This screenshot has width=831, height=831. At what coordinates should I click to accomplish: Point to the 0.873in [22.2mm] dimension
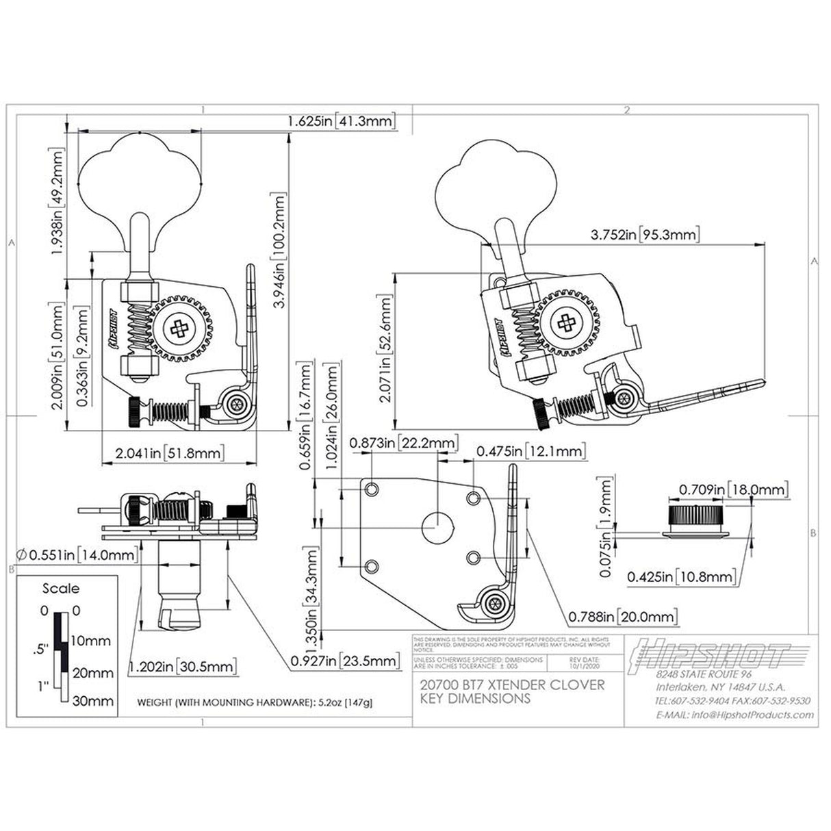coord(402,444)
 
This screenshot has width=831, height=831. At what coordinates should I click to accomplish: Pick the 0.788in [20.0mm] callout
coord(622,617)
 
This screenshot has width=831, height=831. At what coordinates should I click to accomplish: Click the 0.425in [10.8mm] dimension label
coord(682,577)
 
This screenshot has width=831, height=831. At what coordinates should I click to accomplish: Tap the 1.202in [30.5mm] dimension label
coord(183,666)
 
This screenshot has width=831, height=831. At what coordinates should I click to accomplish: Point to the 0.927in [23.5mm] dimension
coord(344,661)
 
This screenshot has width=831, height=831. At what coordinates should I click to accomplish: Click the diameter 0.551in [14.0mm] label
coord(75,554)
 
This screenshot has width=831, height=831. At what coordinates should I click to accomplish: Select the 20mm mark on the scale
coord(92,673)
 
